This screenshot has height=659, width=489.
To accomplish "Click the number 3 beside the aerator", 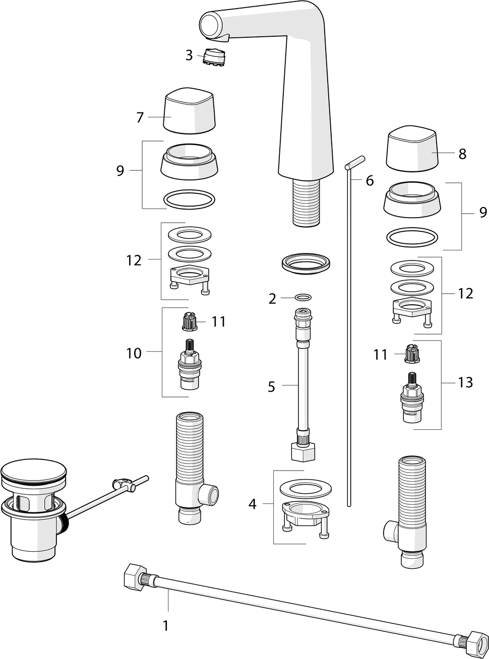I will pos(189,55).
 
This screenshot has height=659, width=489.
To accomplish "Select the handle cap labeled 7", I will pos(190,111).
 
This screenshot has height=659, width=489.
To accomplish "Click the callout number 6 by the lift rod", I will pos(370,180).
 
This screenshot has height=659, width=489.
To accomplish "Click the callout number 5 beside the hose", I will pos(271,387).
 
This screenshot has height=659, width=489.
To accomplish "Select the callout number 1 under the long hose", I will pos(165,626).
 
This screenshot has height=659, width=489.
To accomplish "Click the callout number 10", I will pos(134,353).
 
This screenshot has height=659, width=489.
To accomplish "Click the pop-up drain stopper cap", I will pos(34,472).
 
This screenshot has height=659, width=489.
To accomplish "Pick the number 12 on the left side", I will pos(134,260).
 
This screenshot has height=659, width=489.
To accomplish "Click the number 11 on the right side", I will pos(380,355).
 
